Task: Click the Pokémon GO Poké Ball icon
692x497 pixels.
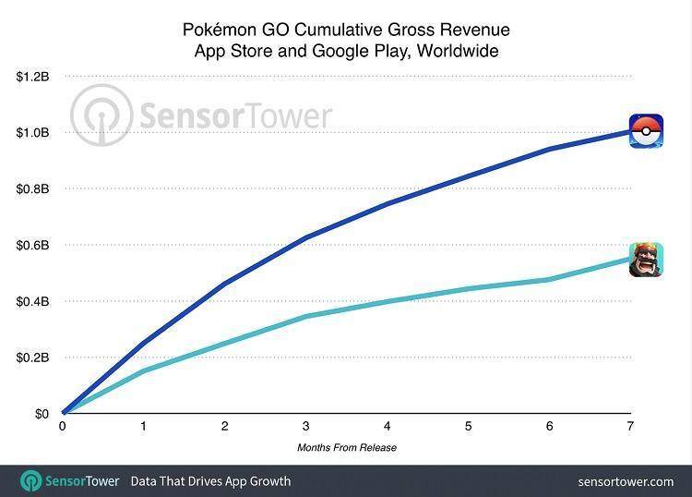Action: point(647,132)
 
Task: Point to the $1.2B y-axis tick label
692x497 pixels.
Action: point(31,76)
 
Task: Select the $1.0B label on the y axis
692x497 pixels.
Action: point(31,132)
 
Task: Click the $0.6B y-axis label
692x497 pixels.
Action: point(31,245)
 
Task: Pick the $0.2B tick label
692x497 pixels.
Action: point(31,358)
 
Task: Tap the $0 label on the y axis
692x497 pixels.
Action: point(41,414)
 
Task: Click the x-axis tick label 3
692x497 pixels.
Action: point(305,428)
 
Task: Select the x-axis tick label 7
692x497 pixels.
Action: point(631,428)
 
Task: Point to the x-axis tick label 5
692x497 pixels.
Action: point(469,428)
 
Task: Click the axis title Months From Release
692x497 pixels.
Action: point(346,447)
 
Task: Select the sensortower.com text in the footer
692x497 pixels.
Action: point(626,481)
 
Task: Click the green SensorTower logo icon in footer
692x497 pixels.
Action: point(31,481)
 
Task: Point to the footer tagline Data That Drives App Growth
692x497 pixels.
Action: point(210,481)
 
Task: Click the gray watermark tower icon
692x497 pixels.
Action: point(101,115)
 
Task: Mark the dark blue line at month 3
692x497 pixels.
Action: point(305,237)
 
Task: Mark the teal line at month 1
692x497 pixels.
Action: point(143,370)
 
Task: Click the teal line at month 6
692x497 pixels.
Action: point(550,279)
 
